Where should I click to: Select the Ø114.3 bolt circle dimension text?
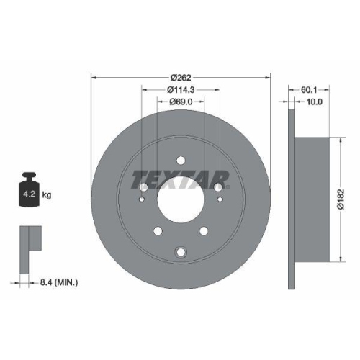pos(181,90)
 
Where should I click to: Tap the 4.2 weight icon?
pos(29,192)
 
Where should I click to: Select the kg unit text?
pos(48,194)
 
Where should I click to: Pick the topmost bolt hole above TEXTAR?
pos(181,161)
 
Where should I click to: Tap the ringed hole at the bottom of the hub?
pos(181,251)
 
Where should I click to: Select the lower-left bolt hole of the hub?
pos(157,230)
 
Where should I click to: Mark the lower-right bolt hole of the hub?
pos(204,230)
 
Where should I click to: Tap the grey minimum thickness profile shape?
pos(28,238)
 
